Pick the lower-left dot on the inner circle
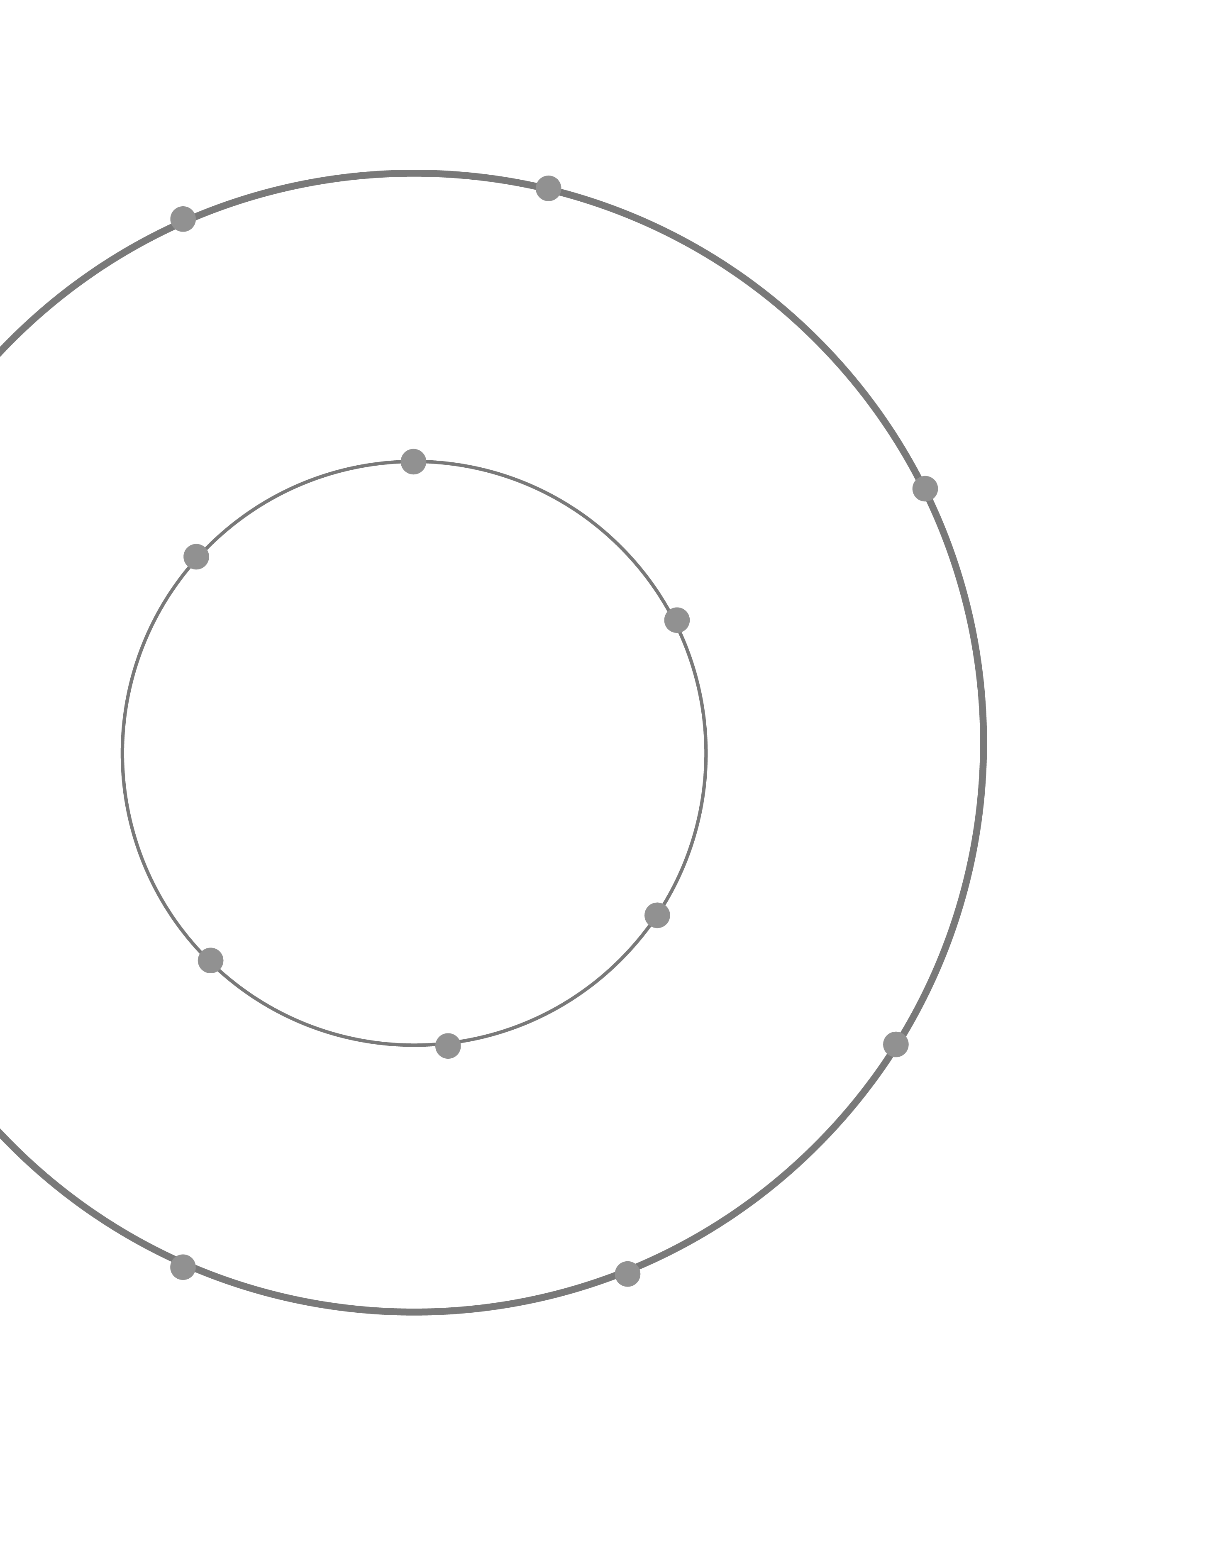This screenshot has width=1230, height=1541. tap(210, 960)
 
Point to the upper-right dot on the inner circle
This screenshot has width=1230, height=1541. tap(677, 620)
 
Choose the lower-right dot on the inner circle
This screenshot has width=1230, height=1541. tap(657, 915)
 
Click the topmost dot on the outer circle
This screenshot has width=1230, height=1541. tap(548, 188)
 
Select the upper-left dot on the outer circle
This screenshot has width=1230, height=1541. tap(183, 219)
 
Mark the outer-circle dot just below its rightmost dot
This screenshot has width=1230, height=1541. tap(896, 1044)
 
